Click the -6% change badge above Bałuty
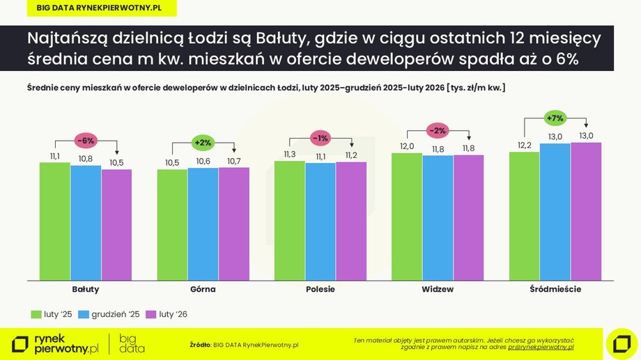pos(86,141)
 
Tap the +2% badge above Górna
pos(203,143)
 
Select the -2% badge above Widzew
pos(438,130)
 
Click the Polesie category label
pos(320,288)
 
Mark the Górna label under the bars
pos(203,288)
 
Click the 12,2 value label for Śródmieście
pos(525,145)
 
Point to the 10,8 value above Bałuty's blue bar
pos(86,158)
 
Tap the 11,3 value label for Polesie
pos(290,154)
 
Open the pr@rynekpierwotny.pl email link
pos(541,346)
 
